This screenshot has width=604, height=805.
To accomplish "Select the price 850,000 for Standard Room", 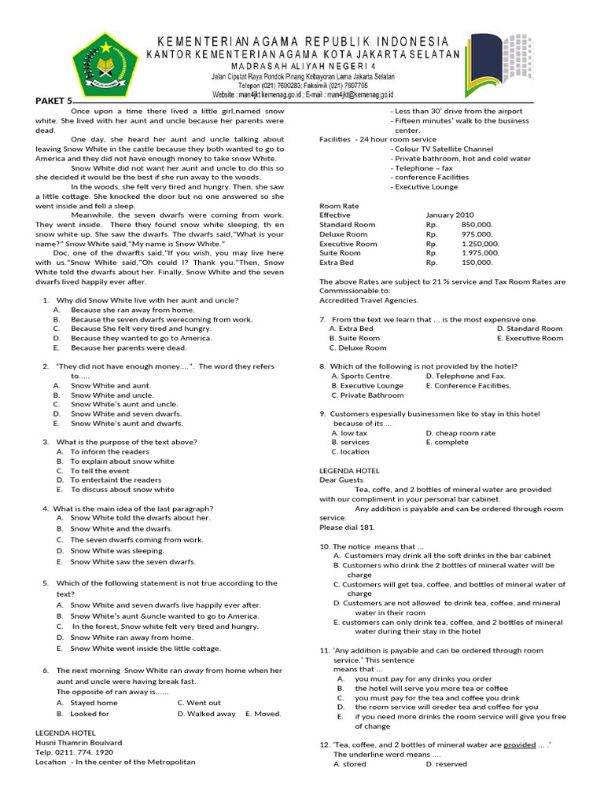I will pyautogui.click(x=477, y=224).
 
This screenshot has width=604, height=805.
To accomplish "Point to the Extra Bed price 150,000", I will pyautogui.click(x=477, y=262).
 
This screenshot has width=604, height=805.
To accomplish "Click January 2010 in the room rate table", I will pyautogui.click(x=450, y=215).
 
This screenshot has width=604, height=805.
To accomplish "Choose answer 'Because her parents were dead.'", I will pyautogui.click(x=128, y=347).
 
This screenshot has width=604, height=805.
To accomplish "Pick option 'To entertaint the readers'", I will pyautogui.click(x=116, y=480).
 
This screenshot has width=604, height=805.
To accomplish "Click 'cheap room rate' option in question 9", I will pyautogui.click(x=460, y=432).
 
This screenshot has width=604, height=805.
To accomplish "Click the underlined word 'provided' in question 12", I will pyautogui.click(x=519, y=744).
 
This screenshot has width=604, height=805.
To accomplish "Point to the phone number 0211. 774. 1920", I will pyautogui.click(x=82, y=752).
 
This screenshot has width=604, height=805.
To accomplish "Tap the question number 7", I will pyautogui.click(x=323, y=319).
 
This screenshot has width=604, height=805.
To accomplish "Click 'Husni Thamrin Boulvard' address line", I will pyautogui.click(x=79, y=742).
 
